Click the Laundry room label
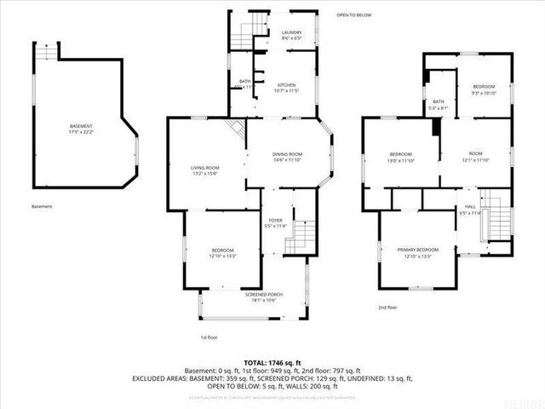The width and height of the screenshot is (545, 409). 292,35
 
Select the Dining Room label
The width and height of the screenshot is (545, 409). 287,156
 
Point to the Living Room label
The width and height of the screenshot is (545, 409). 204,170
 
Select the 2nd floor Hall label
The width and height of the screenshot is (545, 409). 470,210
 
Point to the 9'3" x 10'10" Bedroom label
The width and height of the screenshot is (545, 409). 484,89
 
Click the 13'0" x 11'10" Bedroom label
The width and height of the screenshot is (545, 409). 400,157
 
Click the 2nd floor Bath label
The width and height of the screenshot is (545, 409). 438,105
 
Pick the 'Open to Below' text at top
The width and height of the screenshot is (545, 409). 353,15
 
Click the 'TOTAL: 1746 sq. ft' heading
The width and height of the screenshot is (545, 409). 272,362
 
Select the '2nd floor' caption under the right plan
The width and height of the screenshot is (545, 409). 388,307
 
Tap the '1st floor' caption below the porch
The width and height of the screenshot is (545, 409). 209,337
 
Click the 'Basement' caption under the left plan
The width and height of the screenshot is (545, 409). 42,207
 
